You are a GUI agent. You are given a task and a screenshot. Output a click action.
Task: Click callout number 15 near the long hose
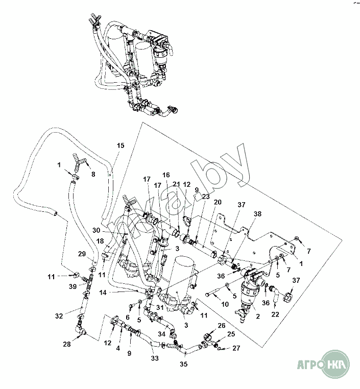121,145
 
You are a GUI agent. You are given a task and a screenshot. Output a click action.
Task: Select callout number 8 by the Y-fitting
93,175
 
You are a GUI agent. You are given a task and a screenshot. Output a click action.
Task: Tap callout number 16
166,175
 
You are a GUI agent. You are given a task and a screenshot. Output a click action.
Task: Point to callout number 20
218,202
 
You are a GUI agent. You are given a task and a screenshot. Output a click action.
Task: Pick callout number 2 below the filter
258,317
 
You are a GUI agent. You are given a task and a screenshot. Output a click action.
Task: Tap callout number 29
82,254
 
